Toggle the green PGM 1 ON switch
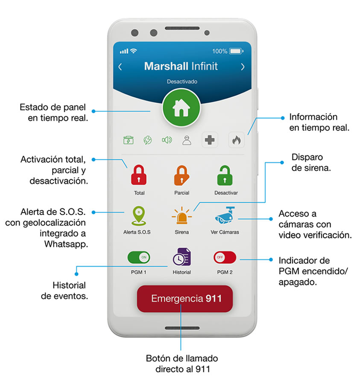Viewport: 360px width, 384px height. coord(139,257)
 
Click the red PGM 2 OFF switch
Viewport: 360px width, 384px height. coord(225,257)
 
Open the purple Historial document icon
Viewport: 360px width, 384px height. coord(182,257)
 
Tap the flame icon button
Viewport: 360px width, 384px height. coord(236,140)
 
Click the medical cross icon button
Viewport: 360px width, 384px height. coord(210,140)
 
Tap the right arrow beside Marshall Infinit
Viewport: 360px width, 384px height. coord(243,67)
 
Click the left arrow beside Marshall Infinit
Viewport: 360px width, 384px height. coord(120,67)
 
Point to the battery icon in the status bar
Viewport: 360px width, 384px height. coord(236,51)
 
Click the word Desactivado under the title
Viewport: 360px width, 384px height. coord(182,81)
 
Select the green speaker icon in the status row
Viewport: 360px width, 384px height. coord(167,140)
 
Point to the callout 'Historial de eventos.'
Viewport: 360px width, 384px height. coord(64,290)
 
